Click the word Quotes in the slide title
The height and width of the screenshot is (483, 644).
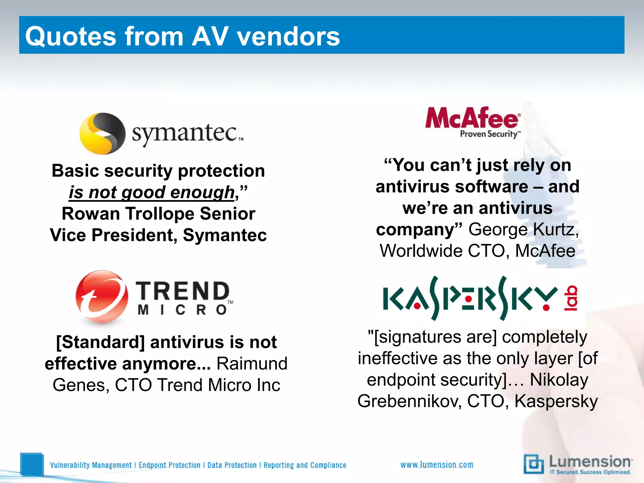click(x=70, y=36)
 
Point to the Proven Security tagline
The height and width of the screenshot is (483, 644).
click(x=489, y=134)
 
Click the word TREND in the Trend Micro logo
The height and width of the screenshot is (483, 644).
click(x=183, y=291)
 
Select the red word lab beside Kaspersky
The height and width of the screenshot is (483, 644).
click(x=571, y=298)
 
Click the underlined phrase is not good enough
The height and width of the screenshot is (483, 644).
click(x=152, y=192)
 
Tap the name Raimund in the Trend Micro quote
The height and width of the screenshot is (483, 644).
click(x=252, y=364)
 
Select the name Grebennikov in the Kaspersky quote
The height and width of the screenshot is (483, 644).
click(x=409, y=402)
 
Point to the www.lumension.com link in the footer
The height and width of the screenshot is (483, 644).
click(x=436, y=465)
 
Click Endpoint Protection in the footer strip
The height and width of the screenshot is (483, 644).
click(x=169, y=465)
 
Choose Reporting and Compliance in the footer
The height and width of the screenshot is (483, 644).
click(x=305, y=465)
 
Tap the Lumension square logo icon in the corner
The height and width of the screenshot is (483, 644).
click(x=533, y=464)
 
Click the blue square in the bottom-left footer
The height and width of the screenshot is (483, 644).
click(x=31, y=464)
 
